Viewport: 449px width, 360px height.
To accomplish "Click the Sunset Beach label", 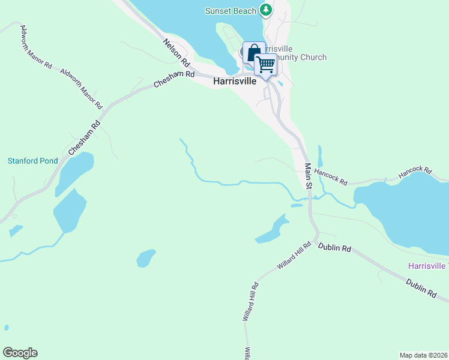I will click(x=231, y=11).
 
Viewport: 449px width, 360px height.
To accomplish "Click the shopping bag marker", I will click(x=253, y=52).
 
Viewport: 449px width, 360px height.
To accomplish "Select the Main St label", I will click(x=308, y=177).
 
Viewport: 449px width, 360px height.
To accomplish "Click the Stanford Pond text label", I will click(x=32, y=161).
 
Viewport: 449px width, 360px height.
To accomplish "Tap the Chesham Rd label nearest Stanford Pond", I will click(x=83, y=139).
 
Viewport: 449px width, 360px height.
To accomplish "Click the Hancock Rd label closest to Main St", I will click(x=331, y=176).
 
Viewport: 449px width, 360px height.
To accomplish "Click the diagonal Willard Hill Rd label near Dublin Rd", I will click(x=294, y=256).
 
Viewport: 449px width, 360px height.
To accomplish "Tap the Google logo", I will click(x=20, y=353).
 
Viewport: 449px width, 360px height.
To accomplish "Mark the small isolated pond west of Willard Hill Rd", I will click(x=146, y=258).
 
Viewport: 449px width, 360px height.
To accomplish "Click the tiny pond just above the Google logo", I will click(x=7, y=328).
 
